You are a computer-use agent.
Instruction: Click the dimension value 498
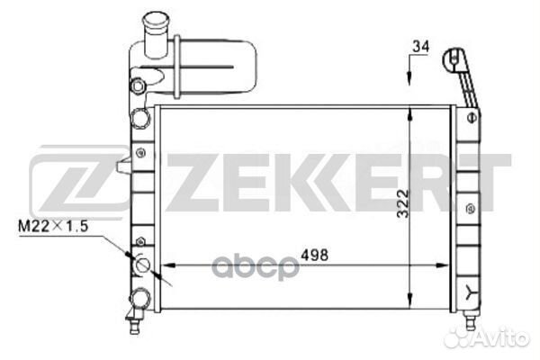pyautogui.click(x=314, y=255)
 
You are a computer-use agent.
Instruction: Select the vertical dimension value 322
pyautogui.click(x=403, y=203)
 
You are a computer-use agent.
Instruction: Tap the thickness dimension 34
pyautogui.click(x=421, y=47)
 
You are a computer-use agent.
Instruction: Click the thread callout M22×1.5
pyautogui.click(x=53, y=226)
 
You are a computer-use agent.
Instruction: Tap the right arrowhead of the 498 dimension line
pyautogui.click(x=442, y=265)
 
